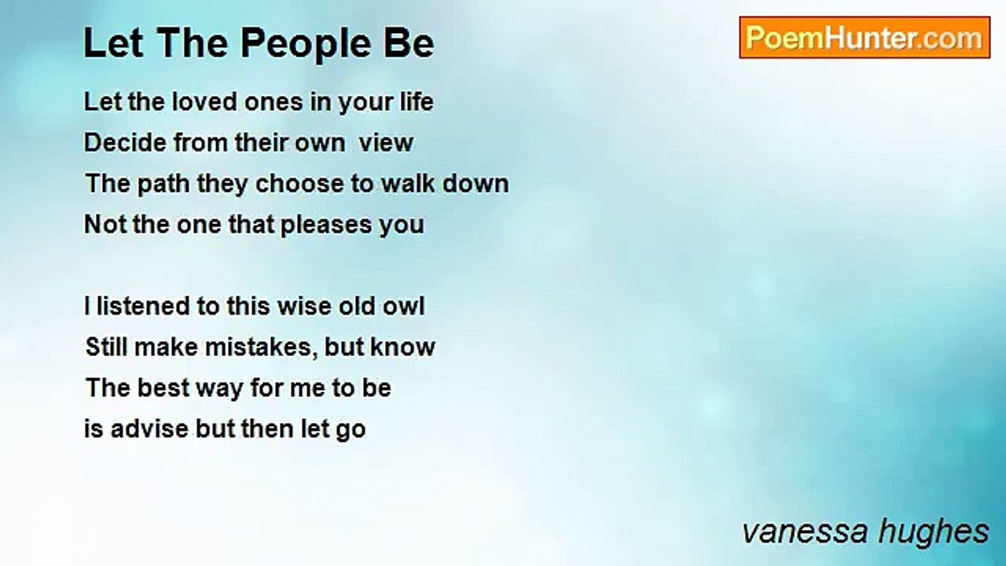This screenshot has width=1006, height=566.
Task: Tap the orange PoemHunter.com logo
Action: [x=865, y=38]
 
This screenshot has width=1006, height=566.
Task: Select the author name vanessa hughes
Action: [x=865, y=532]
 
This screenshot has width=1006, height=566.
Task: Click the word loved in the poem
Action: [x=205, y=101]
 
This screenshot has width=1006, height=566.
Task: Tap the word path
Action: [x=163, y=184]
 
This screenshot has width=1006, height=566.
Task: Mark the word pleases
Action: [x=326, y=225]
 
